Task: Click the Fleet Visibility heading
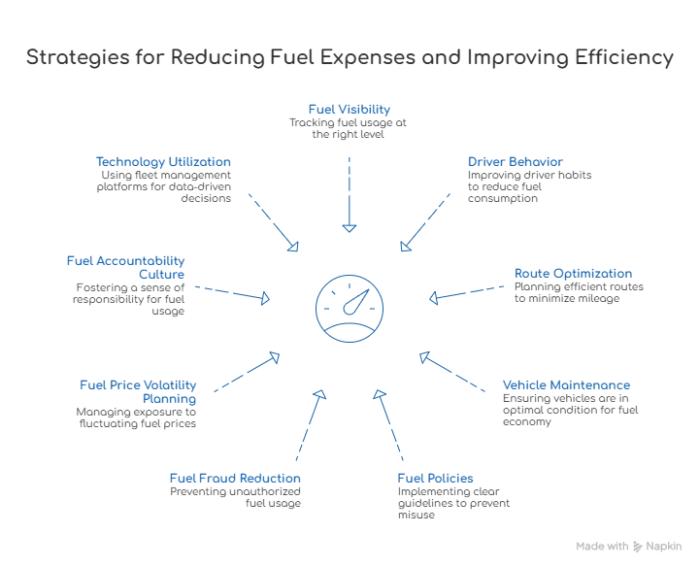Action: [x=349, y=108]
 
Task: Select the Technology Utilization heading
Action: [x=163, y=162]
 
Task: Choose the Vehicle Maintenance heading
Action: [x=569, y=385]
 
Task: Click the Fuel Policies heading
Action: [x=437, y=480]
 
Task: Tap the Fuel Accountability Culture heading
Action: [x=125, y=267]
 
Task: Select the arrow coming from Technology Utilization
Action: [x=273, y=219]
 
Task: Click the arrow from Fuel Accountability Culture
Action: [x=229, y=293]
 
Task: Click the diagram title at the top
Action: [x=349, y=59]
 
